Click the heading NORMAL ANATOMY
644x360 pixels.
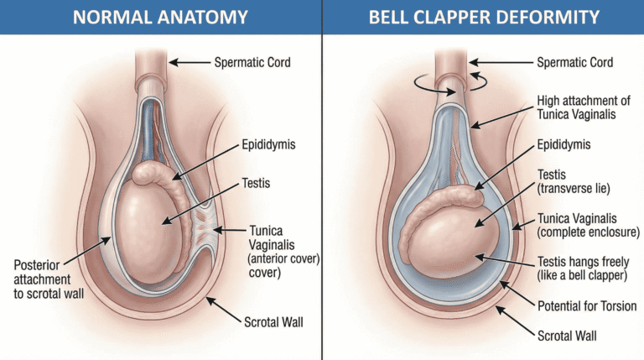pyautogui.click(x=160, y=16)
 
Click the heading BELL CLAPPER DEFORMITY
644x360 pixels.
pyautogui.click(x=483, y=16)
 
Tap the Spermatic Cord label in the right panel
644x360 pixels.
pyautogui.click(x=574, y=62)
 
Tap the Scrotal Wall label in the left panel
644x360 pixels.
pyautogui.click(x=262, y=321)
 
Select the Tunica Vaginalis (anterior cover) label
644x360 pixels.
pyautogui.click(x=276, y=249)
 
